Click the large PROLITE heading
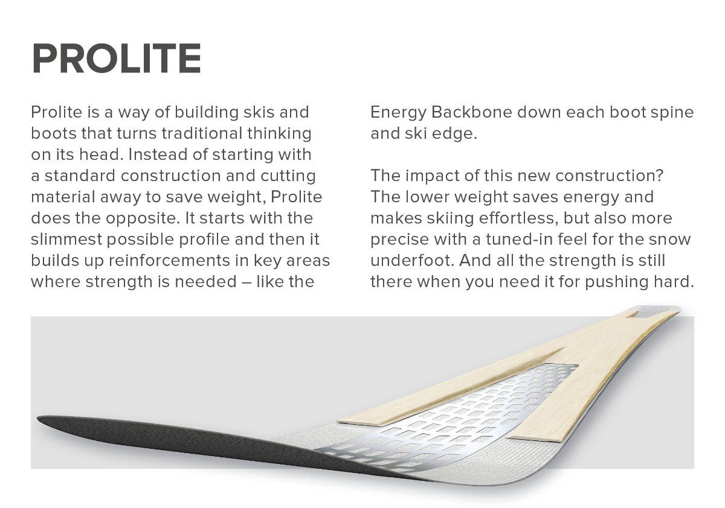coord(117,59)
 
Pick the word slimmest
coord(66,239)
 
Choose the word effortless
coord(518,218)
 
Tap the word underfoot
coord(412,260)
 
